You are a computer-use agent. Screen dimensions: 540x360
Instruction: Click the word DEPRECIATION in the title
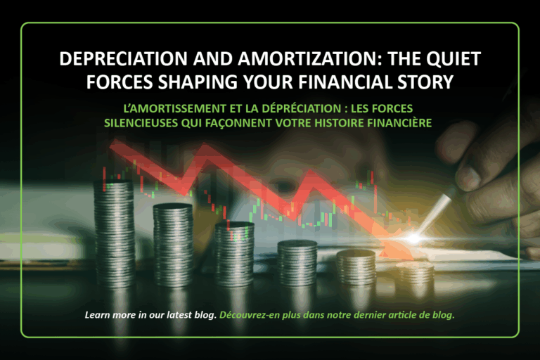coord(123,58)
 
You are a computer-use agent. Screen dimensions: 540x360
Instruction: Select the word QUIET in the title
coord(454,59)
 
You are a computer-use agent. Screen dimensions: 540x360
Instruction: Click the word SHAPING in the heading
coord(198,82)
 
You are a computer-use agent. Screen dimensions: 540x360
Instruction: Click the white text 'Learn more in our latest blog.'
coord(150,315)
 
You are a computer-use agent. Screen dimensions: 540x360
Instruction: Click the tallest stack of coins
coord(114,233)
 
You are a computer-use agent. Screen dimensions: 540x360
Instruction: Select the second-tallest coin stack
coord(173,245)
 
